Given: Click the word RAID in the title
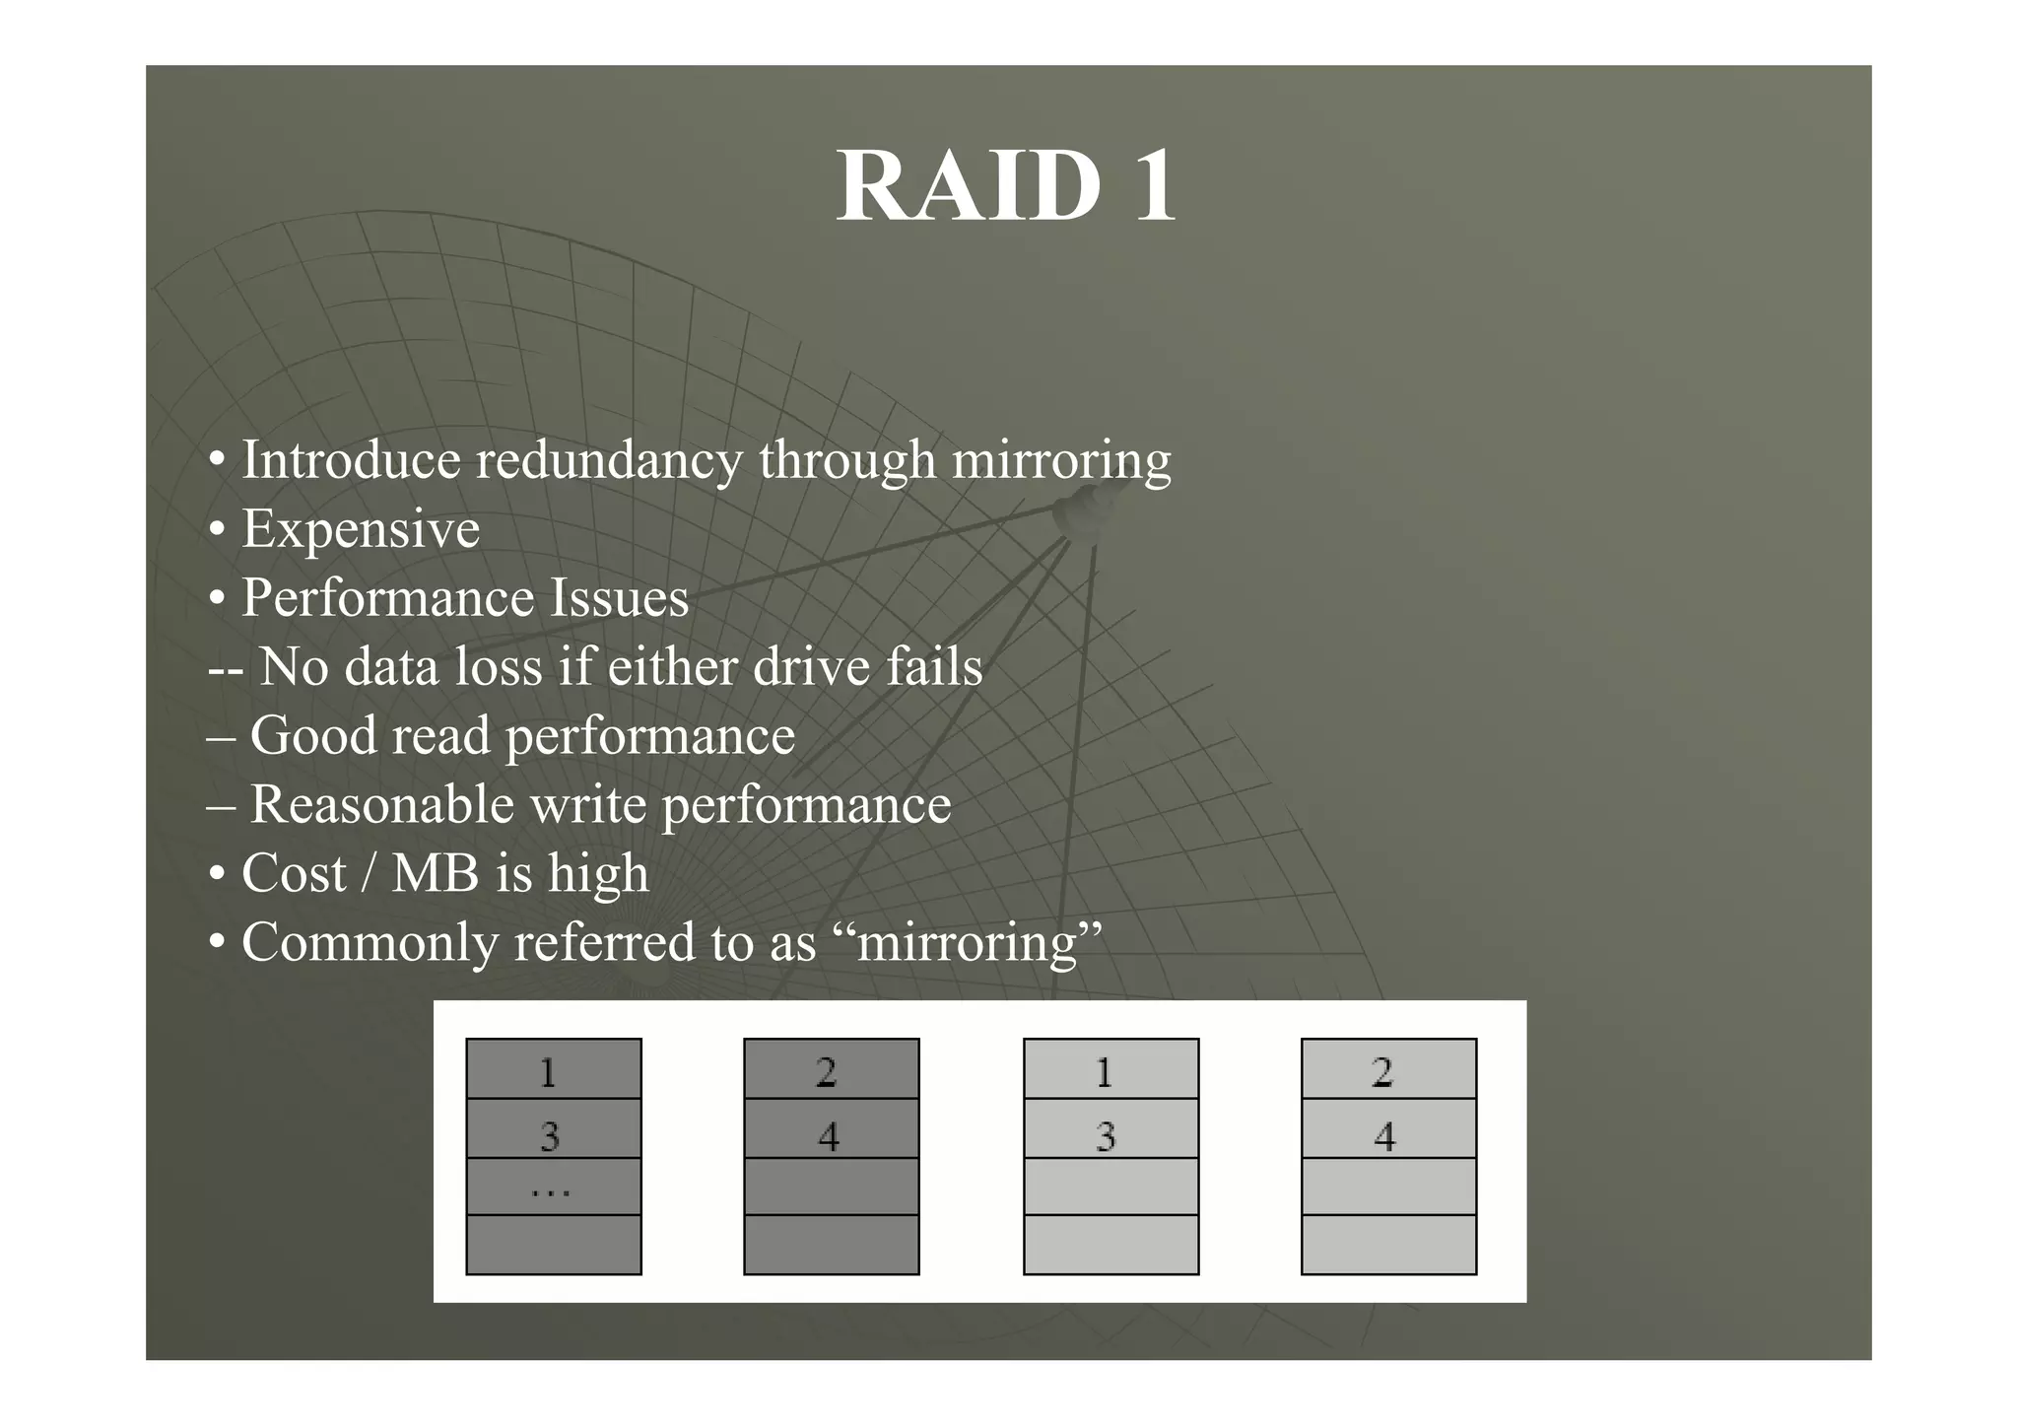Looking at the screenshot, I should click(x=968, y=186).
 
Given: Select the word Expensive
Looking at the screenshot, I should click(x=361, y=529).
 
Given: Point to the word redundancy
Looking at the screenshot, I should click(x=609, y=461).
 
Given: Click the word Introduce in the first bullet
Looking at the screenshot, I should click(x=351, y=460).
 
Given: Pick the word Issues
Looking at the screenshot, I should click(x=618, y=598).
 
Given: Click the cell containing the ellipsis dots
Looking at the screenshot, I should click(x=553, y=1187).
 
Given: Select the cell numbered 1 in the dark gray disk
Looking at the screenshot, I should click(x=553, y=1069).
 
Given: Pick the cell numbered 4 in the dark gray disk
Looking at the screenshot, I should click(x=831, y=1128).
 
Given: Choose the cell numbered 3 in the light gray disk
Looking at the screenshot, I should click(x=1110, y=1128).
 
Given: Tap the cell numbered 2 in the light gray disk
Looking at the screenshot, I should click(x=1388, y=1069).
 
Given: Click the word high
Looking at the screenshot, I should click(x=598, y=874).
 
